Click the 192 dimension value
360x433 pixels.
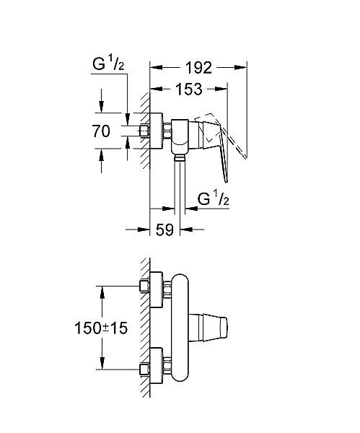point(198,68)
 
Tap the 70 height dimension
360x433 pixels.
point(101,131)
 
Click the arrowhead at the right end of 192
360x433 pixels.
point(245,68)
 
